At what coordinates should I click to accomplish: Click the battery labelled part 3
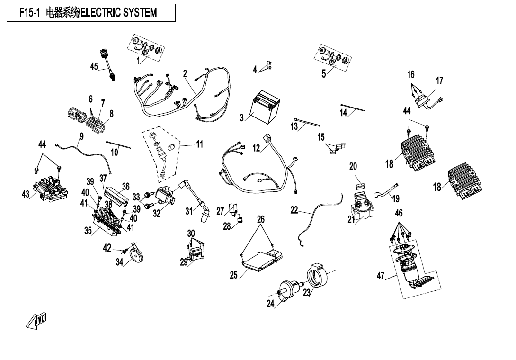[x=266, y=108]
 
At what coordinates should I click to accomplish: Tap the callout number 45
[x=94, y=67]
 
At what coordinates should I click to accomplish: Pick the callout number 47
[x=380, y=276]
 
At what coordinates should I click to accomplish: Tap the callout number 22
[x=294, y=210]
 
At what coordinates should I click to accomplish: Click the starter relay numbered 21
[x=364, y=207]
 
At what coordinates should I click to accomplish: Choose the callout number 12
[x=256, y=148]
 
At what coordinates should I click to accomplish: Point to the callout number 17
[x=440, y=81]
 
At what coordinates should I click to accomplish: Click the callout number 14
[x=344, y=112]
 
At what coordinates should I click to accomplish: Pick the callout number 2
[x=185, y=73]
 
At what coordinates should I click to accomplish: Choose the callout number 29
[x=184, y=262]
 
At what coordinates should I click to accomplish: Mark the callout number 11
[x=200, y=144]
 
